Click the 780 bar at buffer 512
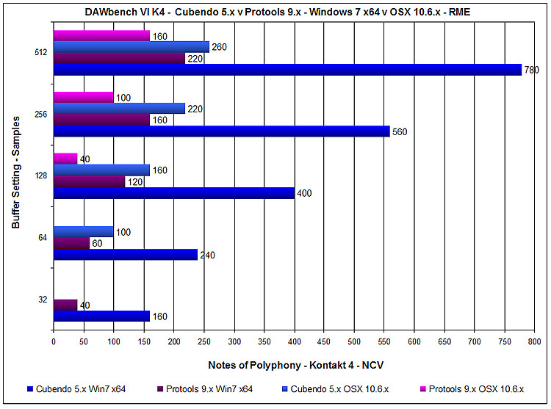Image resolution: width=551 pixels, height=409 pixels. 287,70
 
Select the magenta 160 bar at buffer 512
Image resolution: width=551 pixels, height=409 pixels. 101,35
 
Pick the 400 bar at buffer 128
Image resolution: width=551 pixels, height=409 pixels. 173,193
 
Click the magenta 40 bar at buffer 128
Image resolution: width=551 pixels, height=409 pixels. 65,159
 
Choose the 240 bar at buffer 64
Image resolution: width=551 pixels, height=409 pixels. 126,255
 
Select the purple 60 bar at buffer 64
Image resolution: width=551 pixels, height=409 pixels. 71,243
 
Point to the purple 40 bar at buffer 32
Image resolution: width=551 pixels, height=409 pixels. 65,305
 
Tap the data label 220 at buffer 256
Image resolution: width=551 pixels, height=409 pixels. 195,109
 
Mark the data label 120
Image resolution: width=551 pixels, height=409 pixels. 135,182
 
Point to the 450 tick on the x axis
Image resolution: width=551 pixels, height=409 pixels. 324,341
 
